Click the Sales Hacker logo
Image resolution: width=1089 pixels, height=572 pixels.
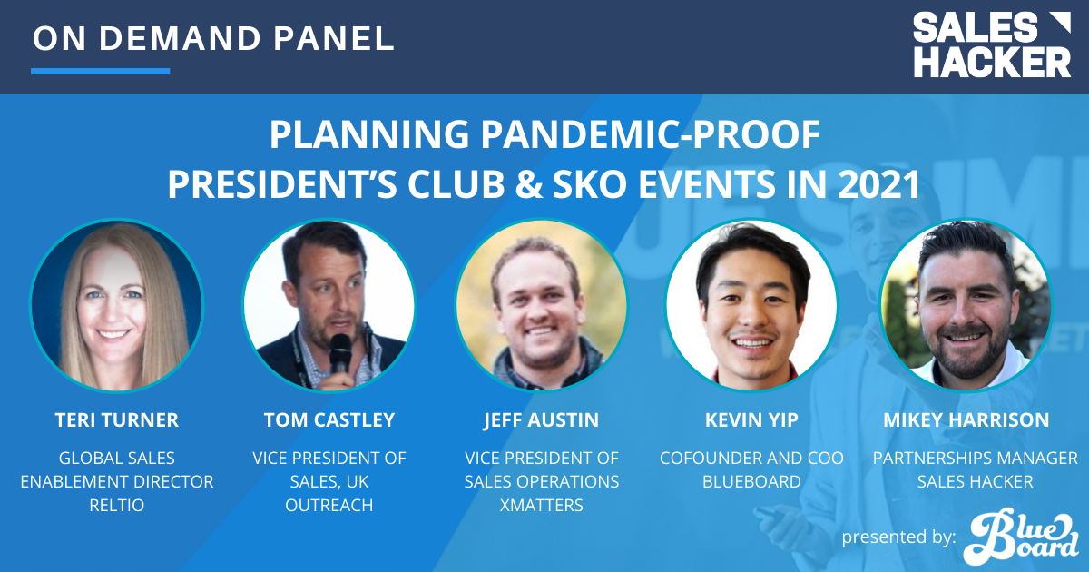991,44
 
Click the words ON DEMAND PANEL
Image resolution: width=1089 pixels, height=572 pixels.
213,38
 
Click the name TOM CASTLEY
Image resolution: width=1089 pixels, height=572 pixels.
329,420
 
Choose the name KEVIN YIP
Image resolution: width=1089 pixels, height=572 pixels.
751,420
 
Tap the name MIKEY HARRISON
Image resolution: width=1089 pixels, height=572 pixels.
966,420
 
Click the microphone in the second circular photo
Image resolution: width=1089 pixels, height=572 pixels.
339,350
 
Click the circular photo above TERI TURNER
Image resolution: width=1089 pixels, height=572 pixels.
116,306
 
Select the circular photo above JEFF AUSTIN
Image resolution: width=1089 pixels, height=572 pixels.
541,306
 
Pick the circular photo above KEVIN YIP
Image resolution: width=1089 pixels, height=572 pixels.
752,306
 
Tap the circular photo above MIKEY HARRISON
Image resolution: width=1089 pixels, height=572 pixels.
966,306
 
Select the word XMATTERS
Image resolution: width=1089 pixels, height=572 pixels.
541,506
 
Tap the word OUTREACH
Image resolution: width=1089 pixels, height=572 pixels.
329,506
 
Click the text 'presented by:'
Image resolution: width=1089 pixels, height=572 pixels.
898,537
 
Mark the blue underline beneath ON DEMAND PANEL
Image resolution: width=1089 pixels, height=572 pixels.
100,71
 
